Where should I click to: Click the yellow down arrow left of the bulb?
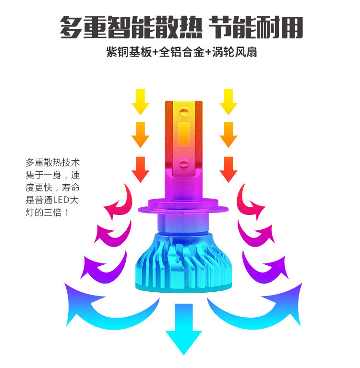[140, 101]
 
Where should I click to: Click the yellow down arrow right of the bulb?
[228, 101]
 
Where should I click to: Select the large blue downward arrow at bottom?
[183, 329]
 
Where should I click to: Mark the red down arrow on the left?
[140, 169]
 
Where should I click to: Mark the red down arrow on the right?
[228, 169]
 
